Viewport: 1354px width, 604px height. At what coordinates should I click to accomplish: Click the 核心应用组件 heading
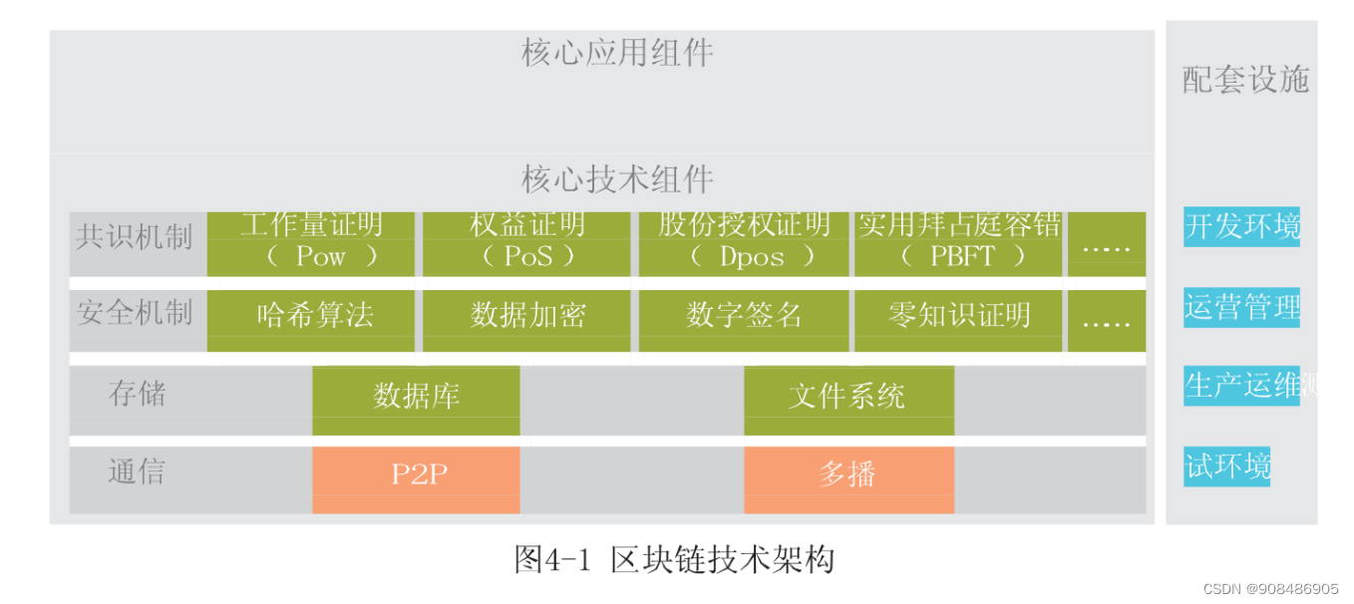617,53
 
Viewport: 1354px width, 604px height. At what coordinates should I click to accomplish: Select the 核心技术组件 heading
617,179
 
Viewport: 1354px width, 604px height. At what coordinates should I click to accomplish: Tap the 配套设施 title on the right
1245,80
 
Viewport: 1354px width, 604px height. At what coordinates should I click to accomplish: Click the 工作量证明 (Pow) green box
310,243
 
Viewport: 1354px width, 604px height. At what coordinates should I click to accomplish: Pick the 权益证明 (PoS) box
526,243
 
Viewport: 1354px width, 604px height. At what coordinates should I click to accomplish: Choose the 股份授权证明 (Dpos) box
743,243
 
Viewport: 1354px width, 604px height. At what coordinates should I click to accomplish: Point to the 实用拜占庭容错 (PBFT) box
958,243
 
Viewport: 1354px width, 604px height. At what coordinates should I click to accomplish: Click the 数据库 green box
416,400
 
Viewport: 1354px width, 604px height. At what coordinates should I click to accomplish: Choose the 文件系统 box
848,400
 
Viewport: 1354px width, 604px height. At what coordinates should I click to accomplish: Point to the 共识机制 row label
135,237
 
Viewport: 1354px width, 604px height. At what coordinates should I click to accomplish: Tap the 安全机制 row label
135,313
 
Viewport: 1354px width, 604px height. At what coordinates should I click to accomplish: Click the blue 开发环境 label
1241,226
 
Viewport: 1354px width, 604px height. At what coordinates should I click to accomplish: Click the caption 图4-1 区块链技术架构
674,559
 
